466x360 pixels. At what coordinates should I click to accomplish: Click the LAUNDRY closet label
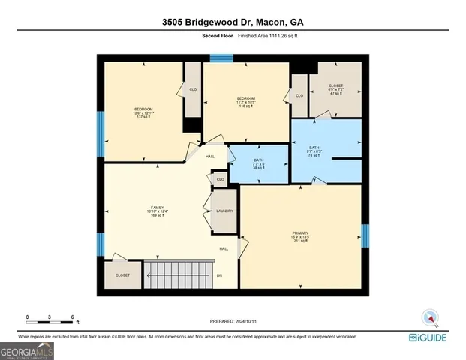point(224,211)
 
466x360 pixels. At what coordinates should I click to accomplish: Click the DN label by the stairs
point(219,275)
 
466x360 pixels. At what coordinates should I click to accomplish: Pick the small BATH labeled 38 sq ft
point(258,163)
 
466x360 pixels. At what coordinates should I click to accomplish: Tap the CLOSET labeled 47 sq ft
point(336,88)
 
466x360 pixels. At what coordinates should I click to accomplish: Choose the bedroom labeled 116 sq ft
point(246,102)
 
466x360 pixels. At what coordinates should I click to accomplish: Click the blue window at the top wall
point(221,58)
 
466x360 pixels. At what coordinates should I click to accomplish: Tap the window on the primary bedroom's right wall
point(365,235)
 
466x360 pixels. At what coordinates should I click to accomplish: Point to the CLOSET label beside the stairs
point(122,275)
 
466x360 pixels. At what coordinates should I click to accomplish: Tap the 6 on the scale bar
point(72,316)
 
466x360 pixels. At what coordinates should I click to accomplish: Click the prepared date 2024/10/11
point(233,321)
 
